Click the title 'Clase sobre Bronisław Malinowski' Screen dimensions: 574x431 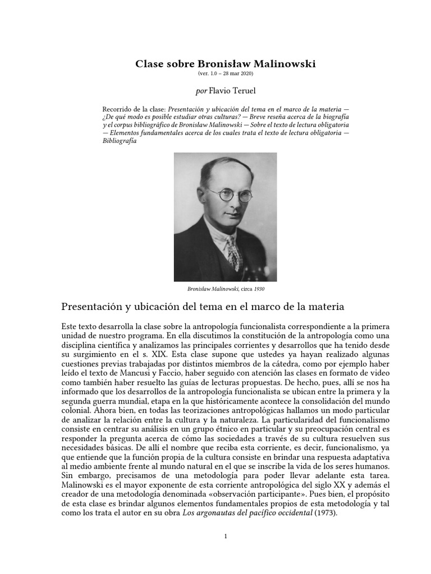(x=225, y=64)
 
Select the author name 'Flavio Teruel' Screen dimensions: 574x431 (x=232, y=90)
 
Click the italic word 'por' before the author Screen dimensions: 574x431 (x=200, y=90)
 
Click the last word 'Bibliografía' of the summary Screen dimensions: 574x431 (x=120, y=141)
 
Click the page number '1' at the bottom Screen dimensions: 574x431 (x=225, y=536)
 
